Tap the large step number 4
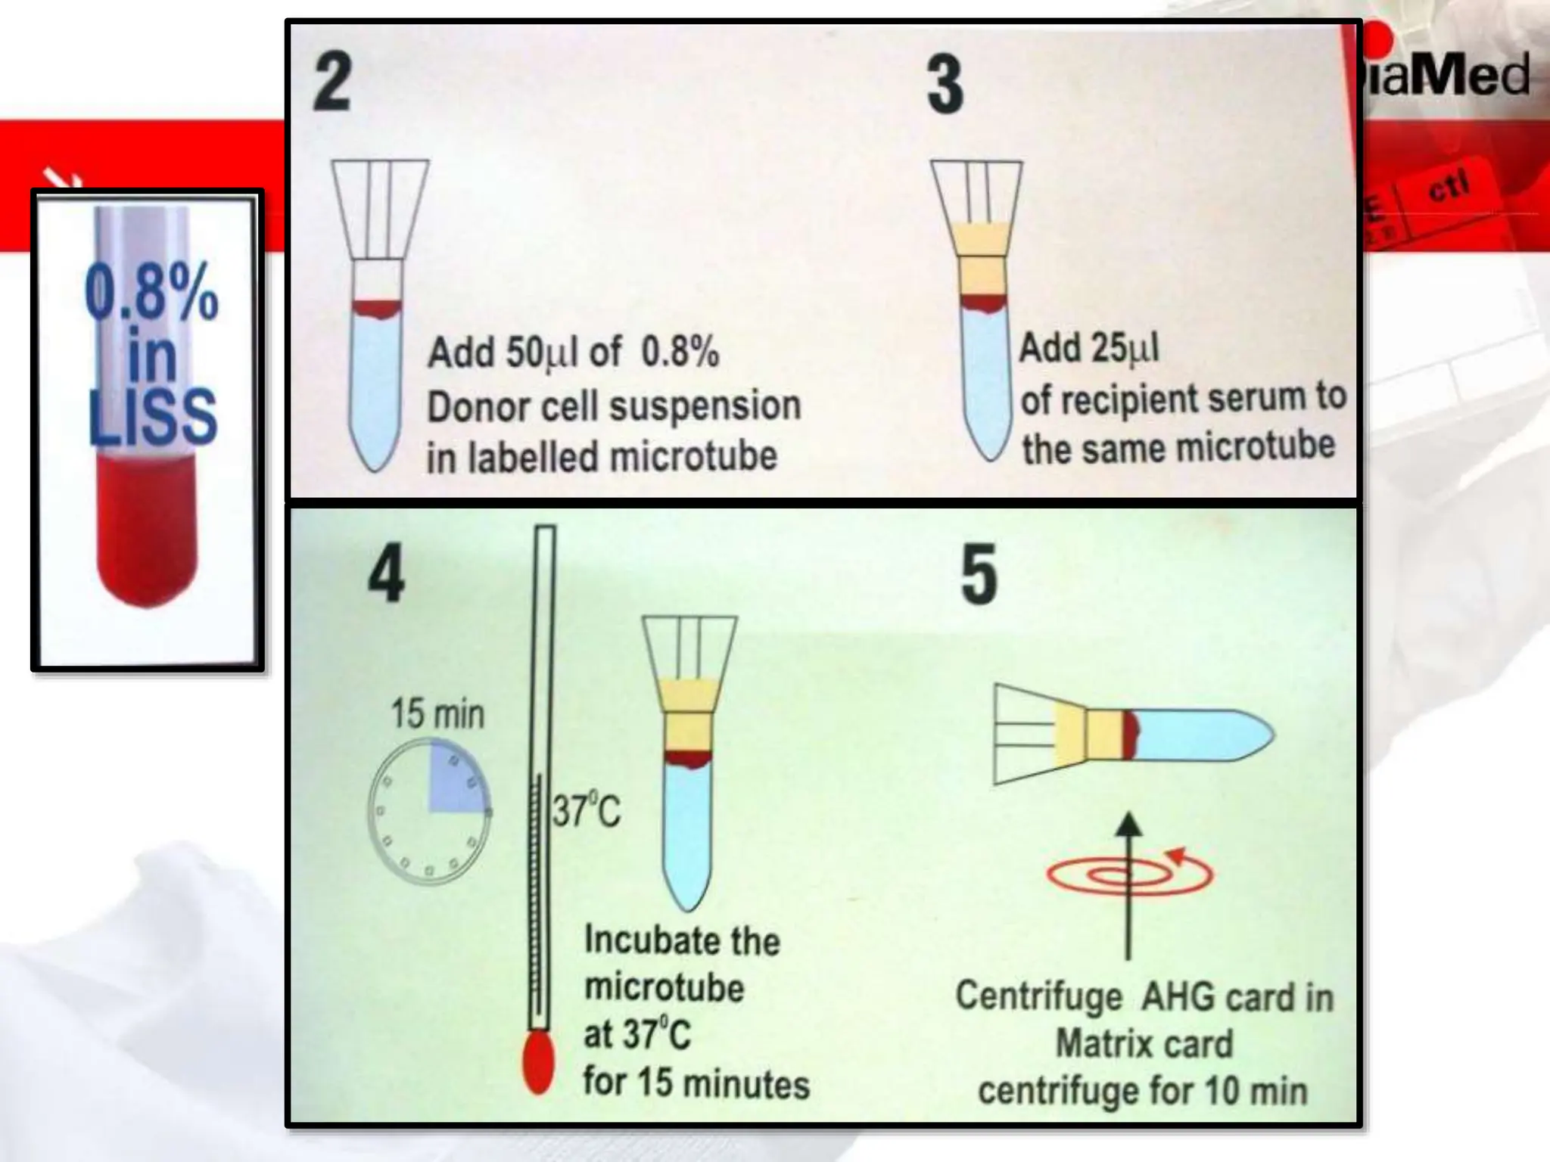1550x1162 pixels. (386, 576)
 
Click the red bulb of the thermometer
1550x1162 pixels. (538, 1064)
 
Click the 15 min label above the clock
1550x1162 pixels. (437, 714)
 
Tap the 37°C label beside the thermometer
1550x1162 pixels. (587, 812)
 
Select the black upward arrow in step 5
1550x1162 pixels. (1128, 885)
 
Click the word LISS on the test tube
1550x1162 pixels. (153, 417)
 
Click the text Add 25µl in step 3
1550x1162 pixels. (1088, 348)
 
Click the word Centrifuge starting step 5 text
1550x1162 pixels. (1038, 997)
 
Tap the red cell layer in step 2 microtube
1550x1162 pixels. (377, 308)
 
